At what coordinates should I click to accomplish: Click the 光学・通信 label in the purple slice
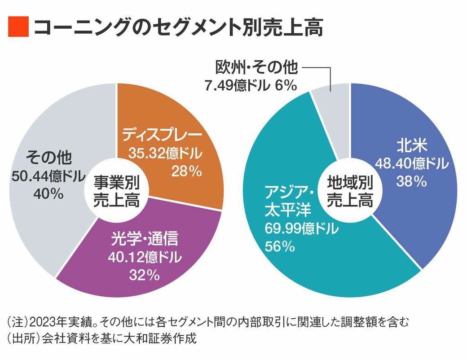(x=144, y=239)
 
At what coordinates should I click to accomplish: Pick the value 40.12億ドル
(x=144, y=257)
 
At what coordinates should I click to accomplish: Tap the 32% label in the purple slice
(x=144, y=275)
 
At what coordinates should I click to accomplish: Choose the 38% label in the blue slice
(x=410, y=181)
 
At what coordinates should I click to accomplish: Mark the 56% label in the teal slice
(x=280, y=246)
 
